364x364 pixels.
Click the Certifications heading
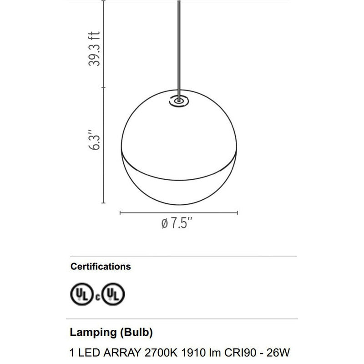point(100,267)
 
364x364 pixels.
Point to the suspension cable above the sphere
point(179,45)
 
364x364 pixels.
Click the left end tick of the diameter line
point(120,212)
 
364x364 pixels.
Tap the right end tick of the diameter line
point(238,212)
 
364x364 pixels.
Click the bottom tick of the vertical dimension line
point(105,202)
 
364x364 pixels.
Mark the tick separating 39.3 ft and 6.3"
point(105,87)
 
